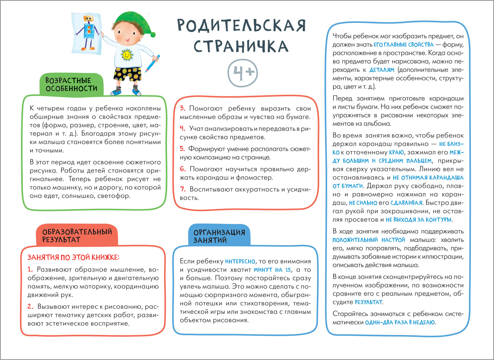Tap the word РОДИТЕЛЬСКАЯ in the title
point(241,25)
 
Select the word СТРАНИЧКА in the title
point(241,47)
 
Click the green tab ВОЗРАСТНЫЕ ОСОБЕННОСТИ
point(71,85)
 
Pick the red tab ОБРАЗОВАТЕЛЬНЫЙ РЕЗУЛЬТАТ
point(77,236)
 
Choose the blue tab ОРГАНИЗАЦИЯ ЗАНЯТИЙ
point(219,236)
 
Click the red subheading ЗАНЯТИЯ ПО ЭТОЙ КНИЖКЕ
point(73,257)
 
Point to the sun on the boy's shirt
point(127,55)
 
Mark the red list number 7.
point(183,189)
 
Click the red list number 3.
point(182,108)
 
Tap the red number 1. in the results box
point(30,270)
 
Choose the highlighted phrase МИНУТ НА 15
point(272,270)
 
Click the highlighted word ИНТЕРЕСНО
point(240,262)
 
